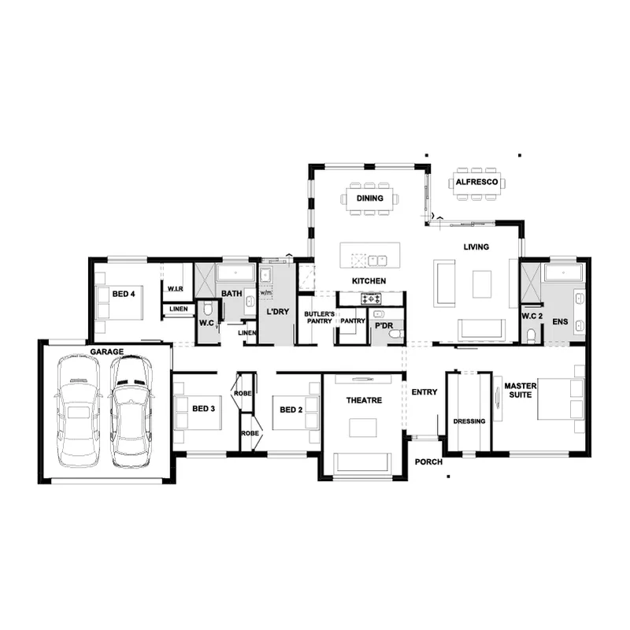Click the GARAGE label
click(x=107, y=352)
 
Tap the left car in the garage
click(x=78, y=411)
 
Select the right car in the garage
click(x=131, y=411)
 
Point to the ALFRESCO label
click(x=477, y=182)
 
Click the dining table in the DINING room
click(x=370, y=198)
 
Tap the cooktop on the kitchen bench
click(x=371, y=298)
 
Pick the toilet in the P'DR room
click(x=396, y=333)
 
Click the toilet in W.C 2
click(x=531, y=336)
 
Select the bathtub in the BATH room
click(x=235, y=272)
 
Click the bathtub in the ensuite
click(x=563, y=272)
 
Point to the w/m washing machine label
click(x=265, y=293)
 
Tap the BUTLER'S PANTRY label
click(x=320, y=317)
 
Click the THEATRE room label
click(x=364, y=400)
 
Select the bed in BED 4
click(x=120, y=302)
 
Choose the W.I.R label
click(x=175, y=289)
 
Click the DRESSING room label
click(x=469, y=421)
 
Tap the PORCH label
click(x=428, y=462)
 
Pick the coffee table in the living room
click(x=482, y=284)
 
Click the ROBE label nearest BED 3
click(x=243, y=393)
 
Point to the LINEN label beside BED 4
click(x=179, y=309)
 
